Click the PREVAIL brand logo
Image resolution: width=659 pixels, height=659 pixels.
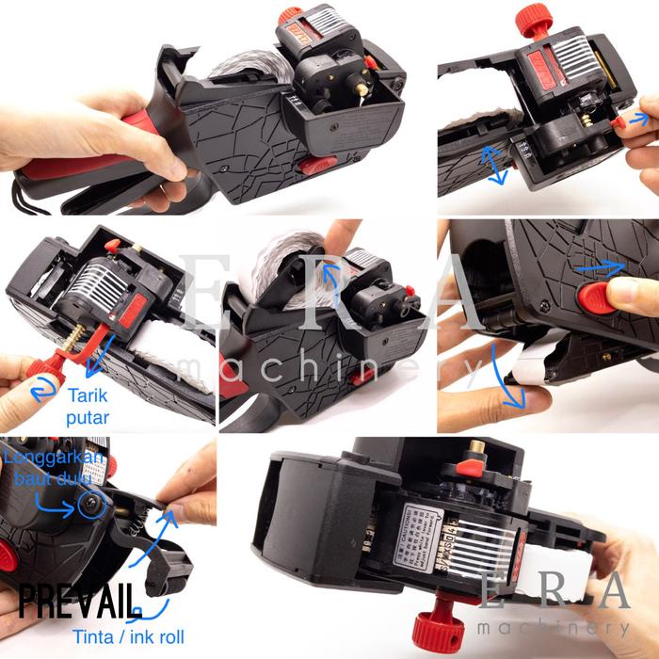(79, 598)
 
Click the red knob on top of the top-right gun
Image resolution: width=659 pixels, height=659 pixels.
(533, 17)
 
